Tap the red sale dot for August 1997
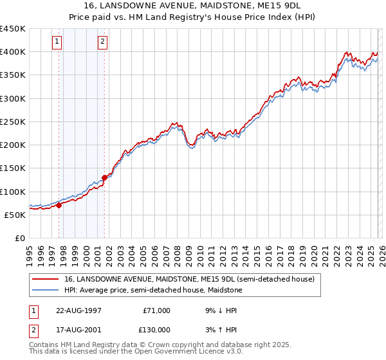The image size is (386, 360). click(59, 206)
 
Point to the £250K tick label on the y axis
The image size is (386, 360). click(13, 122)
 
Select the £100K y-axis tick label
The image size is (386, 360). click(13, 192)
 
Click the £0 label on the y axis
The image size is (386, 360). click(19, 238)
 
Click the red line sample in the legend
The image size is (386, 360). click(46, 280)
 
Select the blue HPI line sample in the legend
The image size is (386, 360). click(46, 291)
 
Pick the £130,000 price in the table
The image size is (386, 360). click(157, 330)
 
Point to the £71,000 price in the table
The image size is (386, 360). click(157, 310)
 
